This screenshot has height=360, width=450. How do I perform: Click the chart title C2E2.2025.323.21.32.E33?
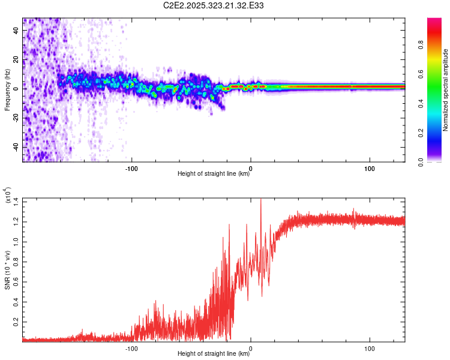click(214, 5)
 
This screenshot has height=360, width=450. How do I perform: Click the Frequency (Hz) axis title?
click(7, 90)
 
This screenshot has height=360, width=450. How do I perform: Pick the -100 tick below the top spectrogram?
click(131, 167)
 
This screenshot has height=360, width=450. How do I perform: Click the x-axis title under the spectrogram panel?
click(214, 175)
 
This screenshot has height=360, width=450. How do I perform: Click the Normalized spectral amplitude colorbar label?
click(445, 90)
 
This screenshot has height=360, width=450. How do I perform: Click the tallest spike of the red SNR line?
click(260, 200)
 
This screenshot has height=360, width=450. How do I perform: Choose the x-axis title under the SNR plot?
click(214, 354)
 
